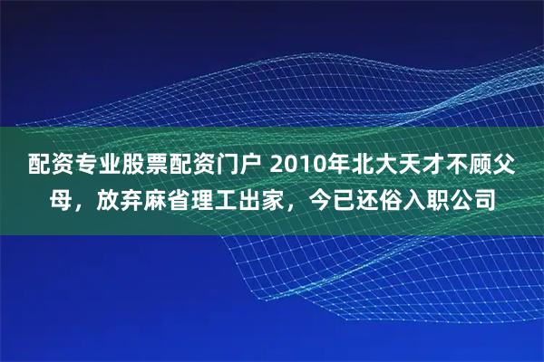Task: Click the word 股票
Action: pos(138,165)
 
